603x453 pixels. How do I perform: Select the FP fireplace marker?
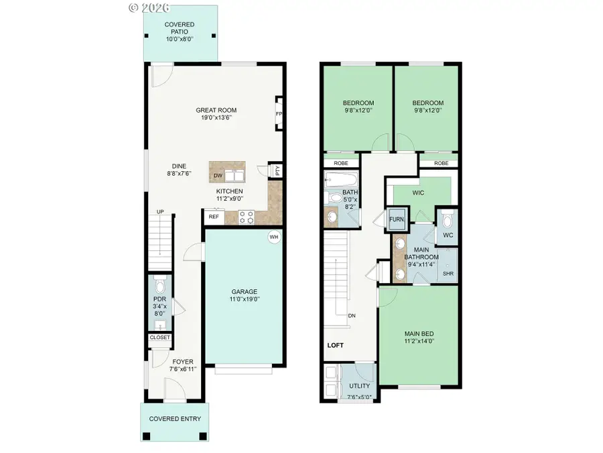click(x=278, y=114)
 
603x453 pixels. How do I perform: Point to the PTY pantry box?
click(x=275, y=171)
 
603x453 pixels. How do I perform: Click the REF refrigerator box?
click(x=213, y=217)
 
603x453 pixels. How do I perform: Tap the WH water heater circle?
click(x=273, y=237)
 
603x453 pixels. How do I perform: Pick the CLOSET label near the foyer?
click(x=159, y=338)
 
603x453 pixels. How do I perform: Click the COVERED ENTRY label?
click(x=174, y=419)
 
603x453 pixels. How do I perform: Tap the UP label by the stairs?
click(x=160, y=212)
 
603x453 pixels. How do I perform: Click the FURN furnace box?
click(x=397, y=219)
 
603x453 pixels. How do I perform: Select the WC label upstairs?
click(x=448, y=236)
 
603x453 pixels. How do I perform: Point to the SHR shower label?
click(x=448, y=274)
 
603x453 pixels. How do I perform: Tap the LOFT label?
click(x=334, y=346)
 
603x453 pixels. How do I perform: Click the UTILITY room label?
click(x=358, y=387)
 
